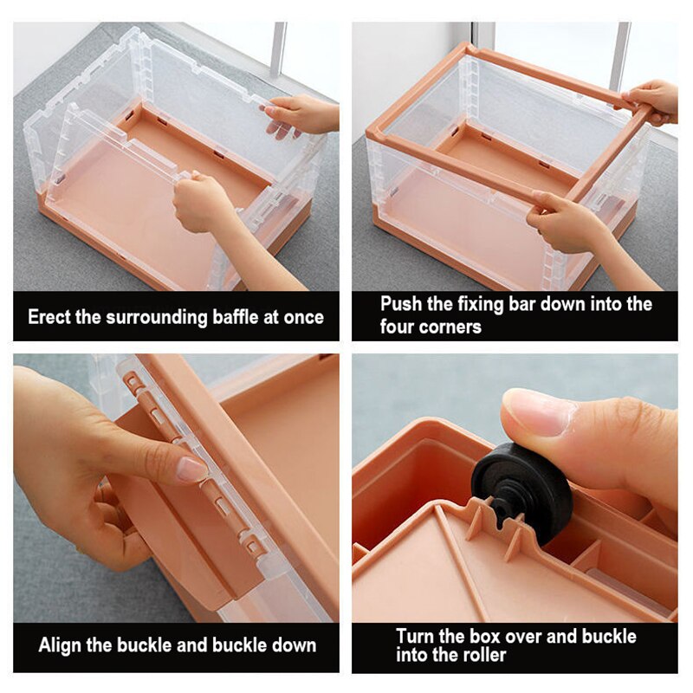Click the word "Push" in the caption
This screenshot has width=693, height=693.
click(400, 304)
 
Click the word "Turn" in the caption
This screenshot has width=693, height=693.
click(415, 636)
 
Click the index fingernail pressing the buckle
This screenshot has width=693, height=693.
click(191, 469)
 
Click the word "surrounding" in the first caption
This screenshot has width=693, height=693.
click(157, 318)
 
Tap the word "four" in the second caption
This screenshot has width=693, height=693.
click(397, 327)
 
